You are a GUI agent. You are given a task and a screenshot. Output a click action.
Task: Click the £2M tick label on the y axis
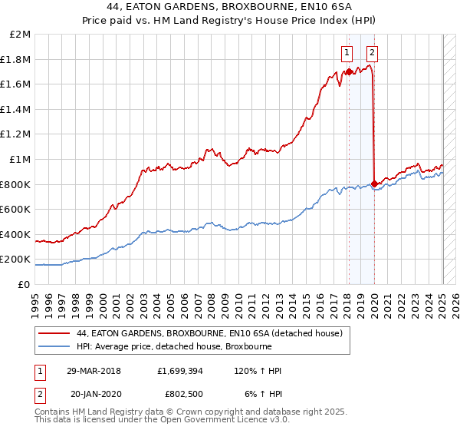(21, 35)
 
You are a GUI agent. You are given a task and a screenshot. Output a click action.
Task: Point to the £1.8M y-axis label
(18, 59)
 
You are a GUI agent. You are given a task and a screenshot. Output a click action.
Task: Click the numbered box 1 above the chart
(347, 52)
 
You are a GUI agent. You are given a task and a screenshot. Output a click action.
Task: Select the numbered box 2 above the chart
(372, 52)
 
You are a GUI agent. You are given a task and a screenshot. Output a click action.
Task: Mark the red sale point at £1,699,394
(349, 72)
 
